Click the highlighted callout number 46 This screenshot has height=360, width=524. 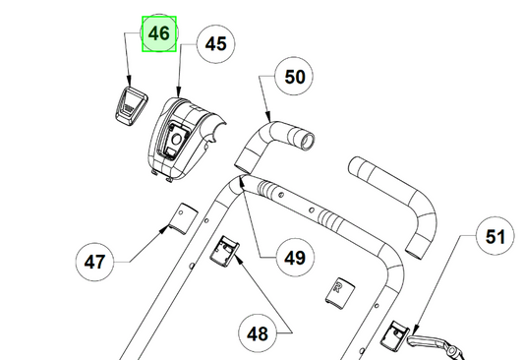click(x=159, y=33)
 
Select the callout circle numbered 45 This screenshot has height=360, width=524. click(x=216, y=44)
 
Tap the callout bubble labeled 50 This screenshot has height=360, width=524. click(x=294, y=77)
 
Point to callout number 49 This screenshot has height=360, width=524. click(x=295, y=258)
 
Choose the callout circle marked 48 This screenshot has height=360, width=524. click(x=258, y=332)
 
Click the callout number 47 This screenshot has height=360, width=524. click(x=95, y=262)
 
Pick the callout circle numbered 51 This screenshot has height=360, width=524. click(x=495, y=236)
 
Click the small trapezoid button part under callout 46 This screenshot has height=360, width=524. click(x=132, y=106)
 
